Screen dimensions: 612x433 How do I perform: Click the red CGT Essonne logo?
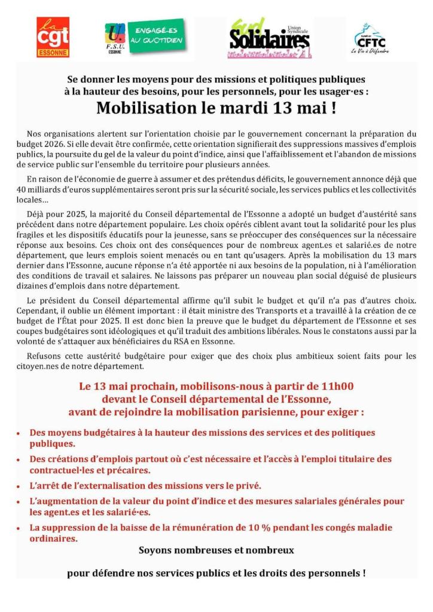tap(53, 37)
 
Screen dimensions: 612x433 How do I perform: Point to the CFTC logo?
tap(370, 38)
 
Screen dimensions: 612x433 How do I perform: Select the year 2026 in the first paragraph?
tap(58, 145)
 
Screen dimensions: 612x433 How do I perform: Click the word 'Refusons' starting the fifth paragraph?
tap(46, 356)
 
